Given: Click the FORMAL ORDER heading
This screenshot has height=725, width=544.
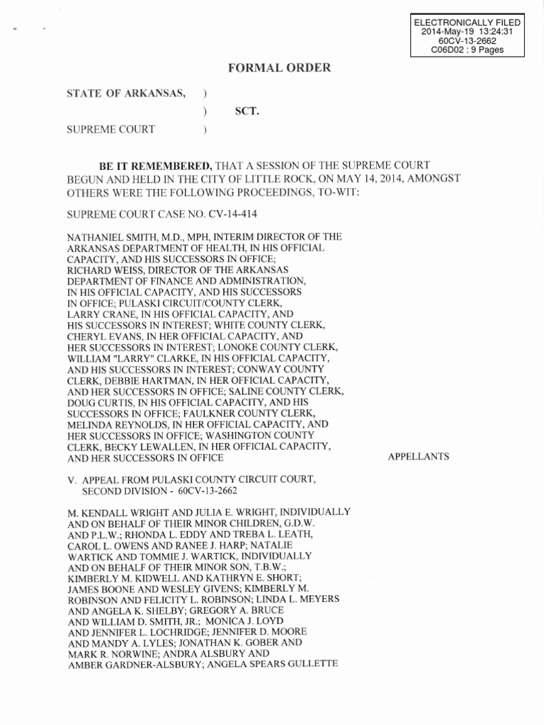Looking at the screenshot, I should coord(268,68).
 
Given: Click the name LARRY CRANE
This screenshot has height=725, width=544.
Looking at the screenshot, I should coord(99,314).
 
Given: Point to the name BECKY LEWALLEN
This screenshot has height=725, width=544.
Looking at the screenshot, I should coord(145,447).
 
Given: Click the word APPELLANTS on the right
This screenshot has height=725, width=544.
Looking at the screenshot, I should coord(418,457).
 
